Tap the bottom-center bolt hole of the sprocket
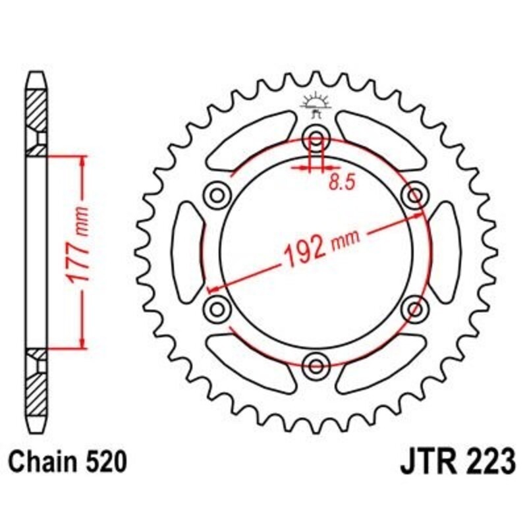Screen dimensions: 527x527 point(316,364)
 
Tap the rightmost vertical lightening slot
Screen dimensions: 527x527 point(445,251)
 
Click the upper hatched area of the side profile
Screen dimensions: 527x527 point(36,109)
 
